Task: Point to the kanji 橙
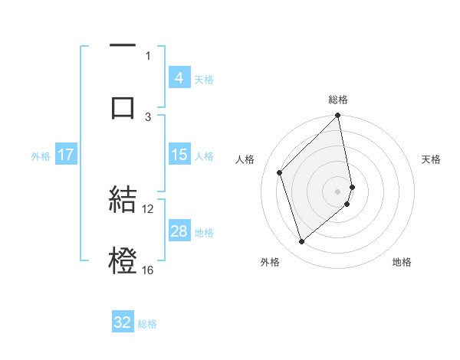pos(123,260)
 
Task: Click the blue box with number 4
pos(179,77)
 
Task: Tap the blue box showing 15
pos(179,155)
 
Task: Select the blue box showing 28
pos(179,231)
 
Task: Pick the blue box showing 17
pos(66,155)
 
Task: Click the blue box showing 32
pos(123,322)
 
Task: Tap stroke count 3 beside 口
pos(149,116)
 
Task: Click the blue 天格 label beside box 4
pos(204,79)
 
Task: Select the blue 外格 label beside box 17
pos(41,155)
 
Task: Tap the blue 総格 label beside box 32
pos(147,324)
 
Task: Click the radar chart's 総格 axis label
pos(338,100)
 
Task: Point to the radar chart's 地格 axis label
pos(402,263)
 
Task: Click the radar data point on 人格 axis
pos(280,172)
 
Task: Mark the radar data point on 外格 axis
pos(301,242)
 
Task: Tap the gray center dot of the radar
pos(338,190)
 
